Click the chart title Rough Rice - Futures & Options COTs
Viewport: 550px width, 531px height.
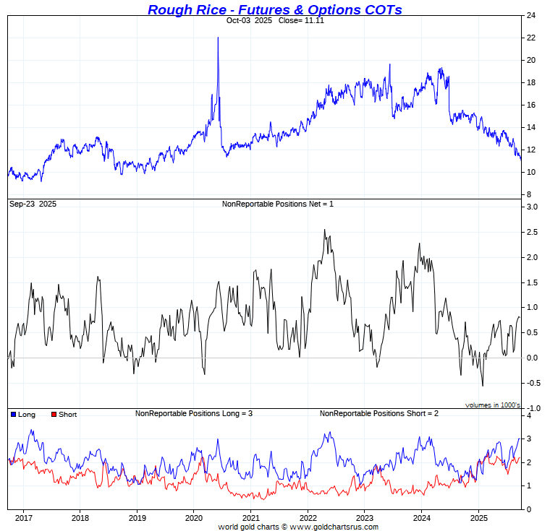click(274, 9)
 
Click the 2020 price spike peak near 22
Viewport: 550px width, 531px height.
click(218, 38)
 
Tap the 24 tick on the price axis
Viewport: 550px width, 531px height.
click(530, 15)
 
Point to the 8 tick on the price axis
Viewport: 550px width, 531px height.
click(528, 194)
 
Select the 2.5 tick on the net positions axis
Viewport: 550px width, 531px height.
click(532, 232)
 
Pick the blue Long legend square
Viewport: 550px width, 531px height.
click(14, 415)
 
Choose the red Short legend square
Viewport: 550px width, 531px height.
click(53, 415)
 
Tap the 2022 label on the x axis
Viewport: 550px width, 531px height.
click(308, 518)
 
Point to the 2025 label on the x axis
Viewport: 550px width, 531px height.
click(478, 518)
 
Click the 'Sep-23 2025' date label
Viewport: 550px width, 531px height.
click(33, 204)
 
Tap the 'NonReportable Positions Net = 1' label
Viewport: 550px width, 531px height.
click(277, 204)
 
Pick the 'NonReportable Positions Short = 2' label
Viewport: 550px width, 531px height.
click(379, 413)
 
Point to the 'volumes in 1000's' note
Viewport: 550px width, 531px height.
click(492, 405)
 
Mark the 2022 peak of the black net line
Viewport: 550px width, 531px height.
click(323, 230)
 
